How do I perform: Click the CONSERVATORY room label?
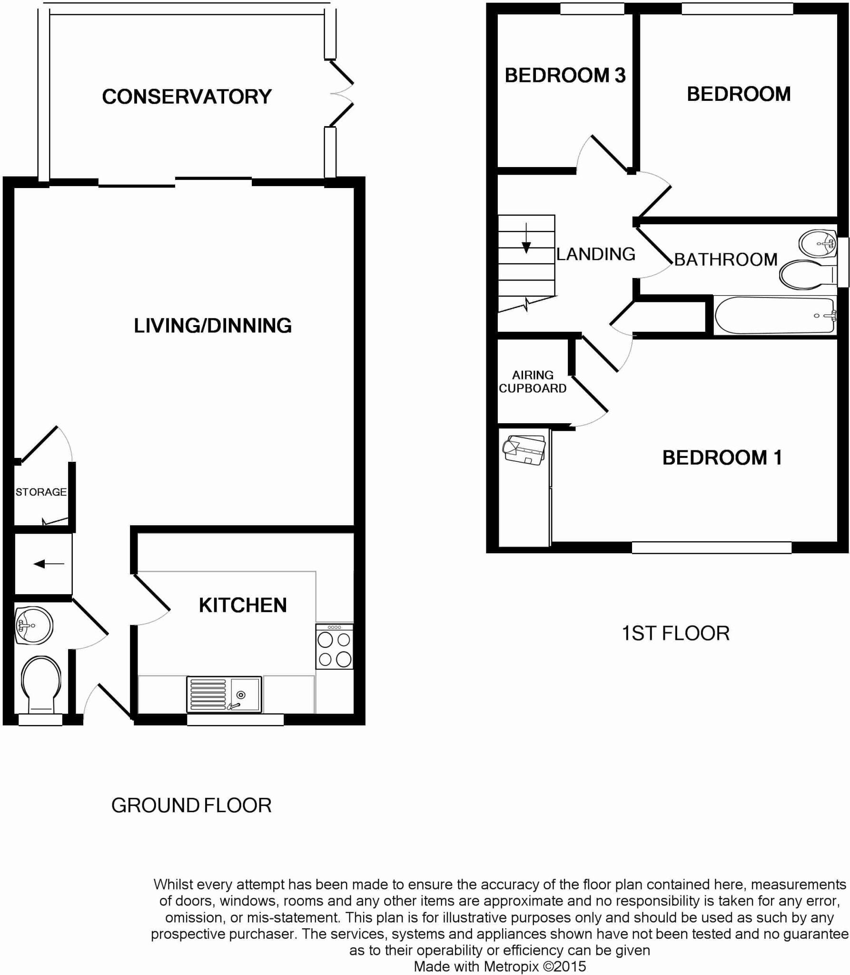tap(187, 97)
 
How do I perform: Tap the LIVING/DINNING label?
tap(212, 326)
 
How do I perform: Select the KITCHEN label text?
tap(243, 605)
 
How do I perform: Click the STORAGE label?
tap(41, 492)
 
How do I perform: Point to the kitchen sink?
tap(224, 694)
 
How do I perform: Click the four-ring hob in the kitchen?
tap(334, 648)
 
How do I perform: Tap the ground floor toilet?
tap(41, 684)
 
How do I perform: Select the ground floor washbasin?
tap(33, 625)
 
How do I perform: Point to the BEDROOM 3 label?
tap(565, 75)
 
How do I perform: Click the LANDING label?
tap(596, 254)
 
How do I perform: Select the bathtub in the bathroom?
tap(774, 315)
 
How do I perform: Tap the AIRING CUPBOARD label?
tap(533, 382)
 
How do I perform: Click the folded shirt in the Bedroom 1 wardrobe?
tap(524, 449)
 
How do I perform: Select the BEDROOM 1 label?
tap(722, 458)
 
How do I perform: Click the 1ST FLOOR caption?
tap(675, 633)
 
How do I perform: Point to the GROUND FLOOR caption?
tap(191, 805)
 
